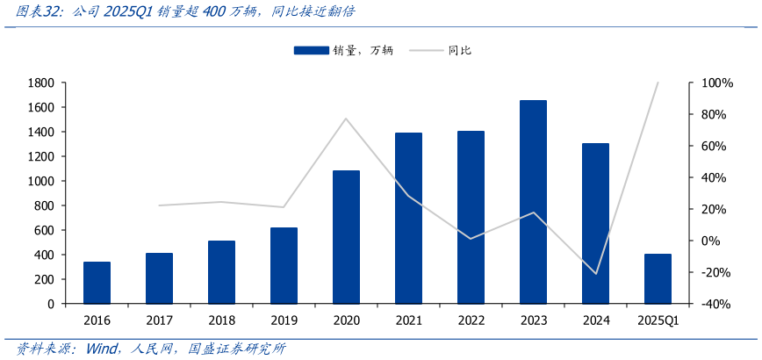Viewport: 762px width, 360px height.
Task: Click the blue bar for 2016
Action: click(x=97, y=283)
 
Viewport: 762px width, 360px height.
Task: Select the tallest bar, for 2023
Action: click(x=533, y=202)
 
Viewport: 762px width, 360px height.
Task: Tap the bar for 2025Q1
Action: click(x=658, y=279)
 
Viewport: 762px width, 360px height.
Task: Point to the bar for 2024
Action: click(x=595, y=223)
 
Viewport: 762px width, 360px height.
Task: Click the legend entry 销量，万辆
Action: click(x=343, y=51)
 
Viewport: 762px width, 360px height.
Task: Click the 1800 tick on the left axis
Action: click(x=41, y=83)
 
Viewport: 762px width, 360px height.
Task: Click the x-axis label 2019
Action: click(x=284, y=320)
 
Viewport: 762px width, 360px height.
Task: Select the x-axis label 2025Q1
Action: click(x=658, y=320)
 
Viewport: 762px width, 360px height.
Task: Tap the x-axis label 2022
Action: click(x=471, y=320)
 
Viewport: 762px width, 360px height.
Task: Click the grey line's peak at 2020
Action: click(x=346, y=119)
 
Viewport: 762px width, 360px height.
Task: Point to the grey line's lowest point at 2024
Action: click(x=596, y=274)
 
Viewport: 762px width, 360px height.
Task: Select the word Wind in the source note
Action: click(x=104, y=349)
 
